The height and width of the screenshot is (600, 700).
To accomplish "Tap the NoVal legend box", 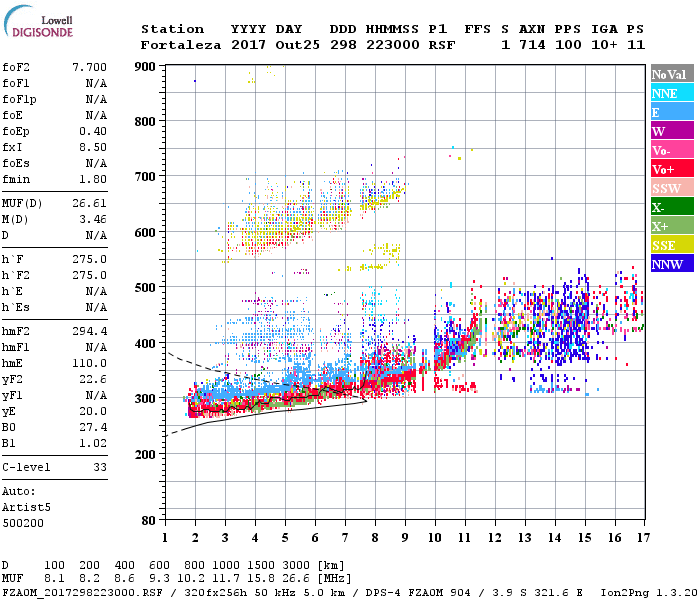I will (x=669, y=75).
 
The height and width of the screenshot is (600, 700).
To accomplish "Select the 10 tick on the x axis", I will (x=434, y=538).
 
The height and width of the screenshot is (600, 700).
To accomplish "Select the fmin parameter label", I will (x=17, y=179).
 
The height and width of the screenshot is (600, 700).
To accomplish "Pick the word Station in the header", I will (x=172, y=29).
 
